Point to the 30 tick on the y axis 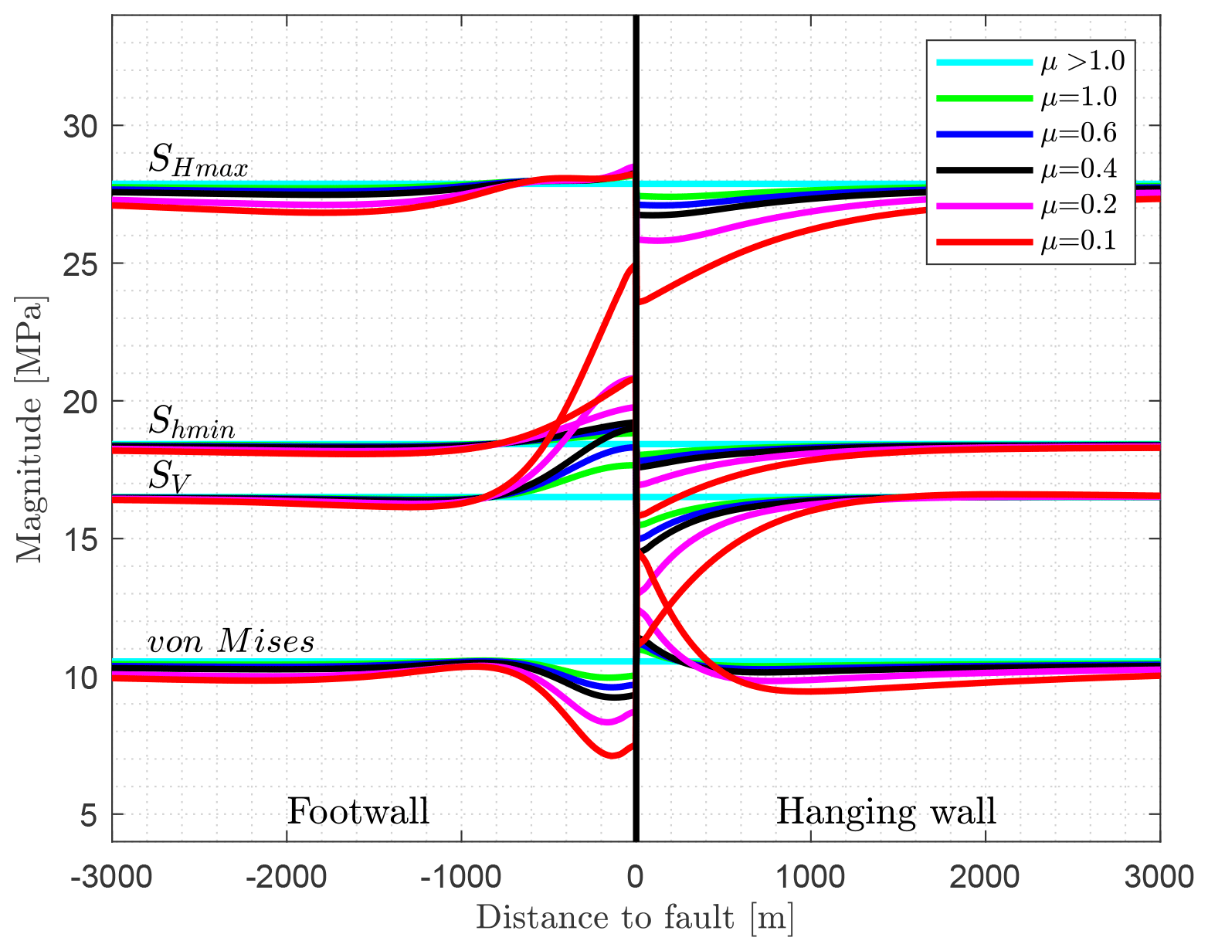coord(82,126)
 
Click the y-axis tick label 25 coord(82,263)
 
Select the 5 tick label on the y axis coord(91,814)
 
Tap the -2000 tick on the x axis coord(287,877)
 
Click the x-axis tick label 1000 coord(809,877)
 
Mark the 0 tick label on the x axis coord(636,877)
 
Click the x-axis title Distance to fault coord(635,918)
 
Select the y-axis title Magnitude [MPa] coord(31,430)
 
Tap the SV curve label coord(169,476)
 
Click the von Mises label coord(231,641)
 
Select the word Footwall coord(358,811)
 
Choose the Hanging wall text coord(886,811)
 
